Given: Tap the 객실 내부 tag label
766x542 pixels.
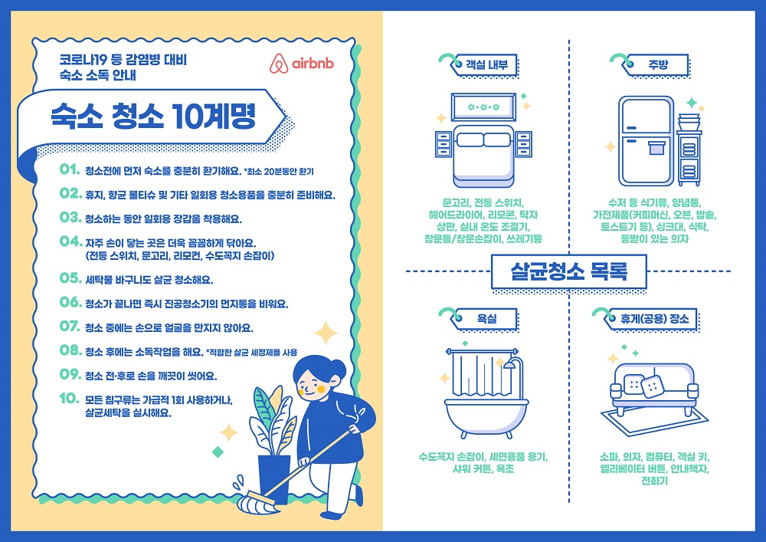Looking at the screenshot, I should tap(481, 65).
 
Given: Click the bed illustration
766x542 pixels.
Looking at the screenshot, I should tap(481, 149).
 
